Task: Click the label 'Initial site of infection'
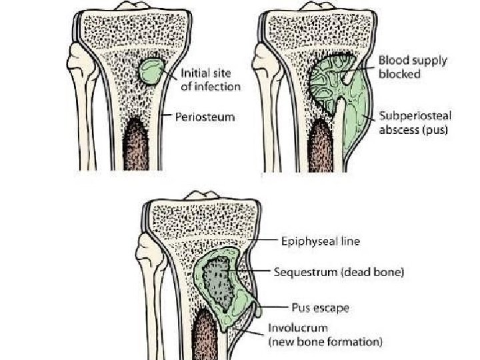click(211, 80)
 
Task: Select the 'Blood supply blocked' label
click(413, 67)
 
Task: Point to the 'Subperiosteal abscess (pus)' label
click(415, 123)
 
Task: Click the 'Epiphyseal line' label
click(320, 242)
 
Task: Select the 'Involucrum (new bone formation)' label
click(325, 335)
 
